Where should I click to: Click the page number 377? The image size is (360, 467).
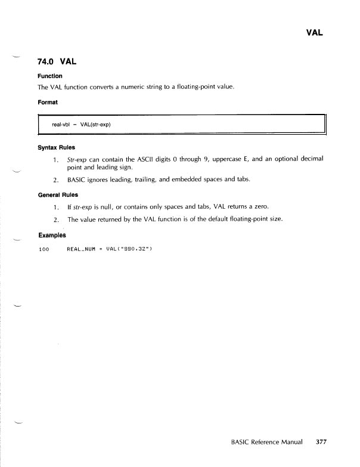(321, 443)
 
